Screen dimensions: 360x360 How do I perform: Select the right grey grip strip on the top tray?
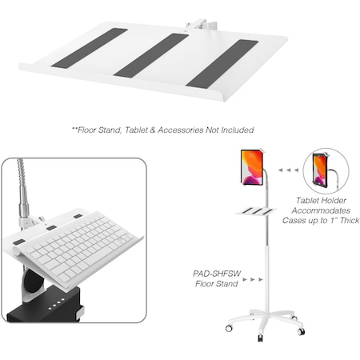click(x=222, y=62)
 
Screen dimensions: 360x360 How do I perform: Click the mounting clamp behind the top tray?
click(x=196, y=26)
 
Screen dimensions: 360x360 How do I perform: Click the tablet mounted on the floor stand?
click(x=252, y=166)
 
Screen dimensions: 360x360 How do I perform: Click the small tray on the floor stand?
click(x=256, y=211)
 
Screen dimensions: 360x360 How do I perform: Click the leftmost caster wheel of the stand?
click(x=229, y=328)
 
